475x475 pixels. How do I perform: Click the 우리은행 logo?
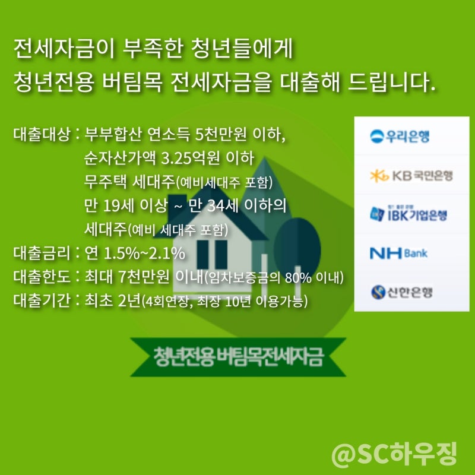click(400, 136)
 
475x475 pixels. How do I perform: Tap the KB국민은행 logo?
click(411, 175)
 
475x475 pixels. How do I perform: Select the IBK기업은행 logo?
click(408, 214)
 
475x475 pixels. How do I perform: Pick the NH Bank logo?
click(398, 253)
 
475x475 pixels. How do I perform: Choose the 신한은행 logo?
click(401, 292)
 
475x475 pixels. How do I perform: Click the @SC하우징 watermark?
click(394, 454)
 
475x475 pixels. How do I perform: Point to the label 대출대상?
click(42, 134)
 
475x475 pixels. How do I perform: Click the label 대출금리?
click(42, 253)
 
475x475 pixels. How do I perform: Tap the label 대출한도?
click(42, 277)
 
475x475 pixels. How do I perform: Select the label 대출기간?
click(42, 300)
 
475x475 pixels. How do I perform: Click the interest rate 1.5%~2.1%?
click(144, 254)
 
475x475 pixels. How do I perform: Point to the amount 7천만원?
click(144, 277)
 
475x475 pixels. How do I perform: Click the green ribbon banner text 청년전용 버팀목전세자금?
click(239, 357)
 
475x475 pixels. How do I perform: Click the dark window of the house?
click(212, 255)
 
